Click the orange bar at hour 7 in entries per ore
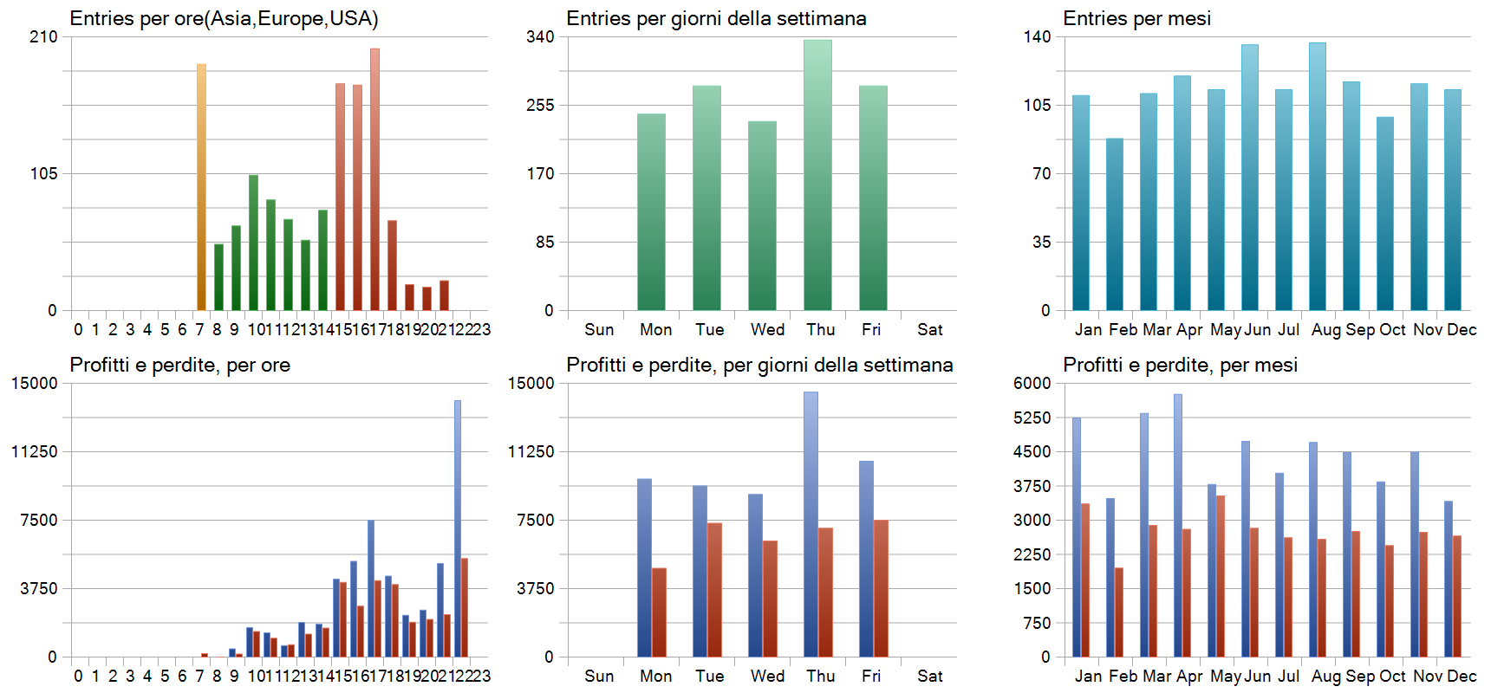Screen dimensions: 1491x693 [201, 187]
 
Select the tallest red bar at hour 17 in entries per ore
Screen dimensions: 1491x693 [374, 179]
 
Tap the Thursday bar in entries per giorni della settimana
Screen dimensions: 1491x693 [817, 175]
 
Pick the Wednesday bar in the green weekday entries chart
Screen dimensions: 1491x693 [762, 216]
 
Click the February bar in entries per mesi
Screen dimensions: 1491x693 [1115, 224]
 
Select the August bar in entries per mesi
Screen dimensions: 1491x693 [1318, 177]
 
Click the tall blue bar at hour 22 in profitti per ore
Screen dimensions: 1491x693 [458, 528]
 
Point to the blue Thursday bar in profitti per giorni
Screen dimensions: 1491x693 [811, 524]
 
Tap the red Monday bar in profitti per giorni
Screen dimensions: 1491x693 [659, 612]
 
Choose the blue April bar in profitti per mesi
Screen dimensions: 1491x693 [1178, 525]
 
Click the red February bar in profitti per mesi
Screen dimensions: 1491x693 [1119, 612]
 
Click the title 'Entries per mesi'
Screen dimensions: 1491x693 [1136, 18]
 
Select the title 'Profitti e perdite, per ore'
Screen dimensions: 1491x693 [179, 365]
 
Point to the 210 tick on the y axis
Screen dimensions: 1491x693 [43, 36]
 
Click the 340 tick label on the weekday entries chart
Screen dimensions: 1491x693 [540, 36]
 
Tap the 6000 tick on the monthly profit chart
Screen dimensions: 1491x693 [1032, 383]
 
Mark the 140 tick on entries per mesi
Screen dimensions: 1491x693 [1037, 36]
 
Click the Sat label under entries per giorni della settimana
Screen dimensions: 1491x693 [929, 329]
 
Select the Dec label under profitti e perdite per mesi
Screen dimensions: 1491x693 [1462, 676]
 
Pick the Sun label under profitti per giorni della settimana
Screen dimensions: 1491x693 [599, 676]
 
